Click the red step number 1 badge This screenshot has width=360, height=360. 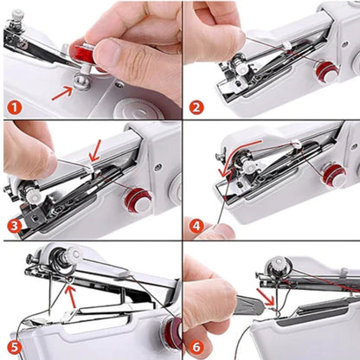click(14, 108)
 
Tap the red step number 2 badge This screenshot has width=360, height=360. click(196, 108)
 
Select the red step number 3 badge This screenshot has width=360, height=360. click(14, 227)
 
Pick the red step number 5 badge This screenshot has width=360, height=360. click(14, 346)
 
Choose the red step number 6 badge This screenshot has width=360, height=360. click(196, 346)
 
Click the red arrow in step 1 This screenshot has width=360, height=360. click(62, 88)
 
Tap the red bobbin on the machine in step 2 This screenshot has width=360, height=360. click(327, 72)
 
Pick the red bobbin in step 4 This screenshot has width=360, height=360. click(333, 177)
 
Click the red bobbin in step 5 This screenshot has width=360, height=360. click(172, 332)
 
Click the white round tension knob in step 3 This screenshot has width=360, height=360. click(33, 196)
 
